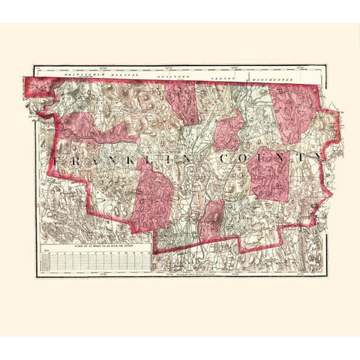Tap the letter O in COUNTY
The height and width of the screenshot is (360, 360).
point(244,160)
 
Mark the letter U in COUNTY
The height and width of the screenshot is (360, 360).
point(263,160)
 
